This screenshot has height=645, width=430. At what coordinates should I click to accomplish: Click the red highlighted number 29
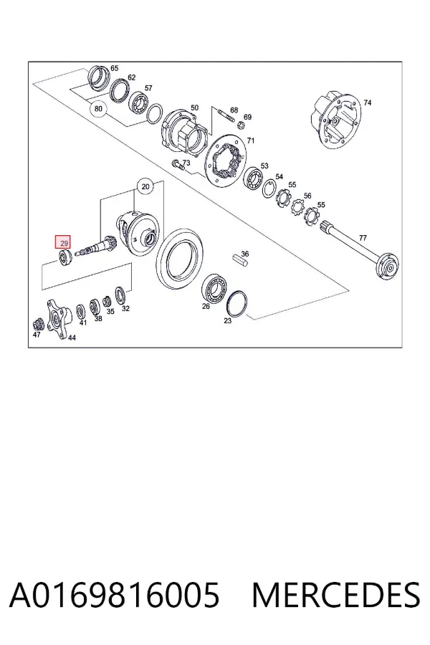(x=64, y=243)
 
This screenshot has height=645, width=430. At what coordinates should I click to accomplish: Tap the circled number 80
(x=98, y=109)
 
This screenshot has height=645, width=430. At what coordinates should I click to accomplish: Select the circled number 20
(x=145, y=187)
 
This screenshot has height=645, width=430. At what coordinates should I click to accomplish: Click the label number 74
(x=367, y=102)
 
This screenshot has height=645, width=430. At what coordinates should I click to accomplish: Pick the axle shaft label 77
(x=363, y=238)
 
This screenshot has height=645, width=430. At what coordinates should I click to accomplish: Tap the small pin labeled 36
(x=240, y=261)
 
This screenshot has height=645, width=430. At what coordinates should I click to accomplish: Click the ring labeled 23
(x=236, y=304)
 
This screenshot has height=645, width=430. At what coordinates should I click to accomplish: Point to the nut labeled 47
(x=38, y=324)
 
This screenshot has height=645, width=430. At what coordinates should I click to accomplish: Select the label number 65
(x=115, y=68)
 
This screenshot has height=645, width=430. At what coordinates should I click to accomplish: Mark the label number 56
(x=307, y=196)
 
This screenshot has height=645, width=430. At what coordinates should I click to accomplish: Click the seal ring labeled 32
(x=120, y=296)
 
